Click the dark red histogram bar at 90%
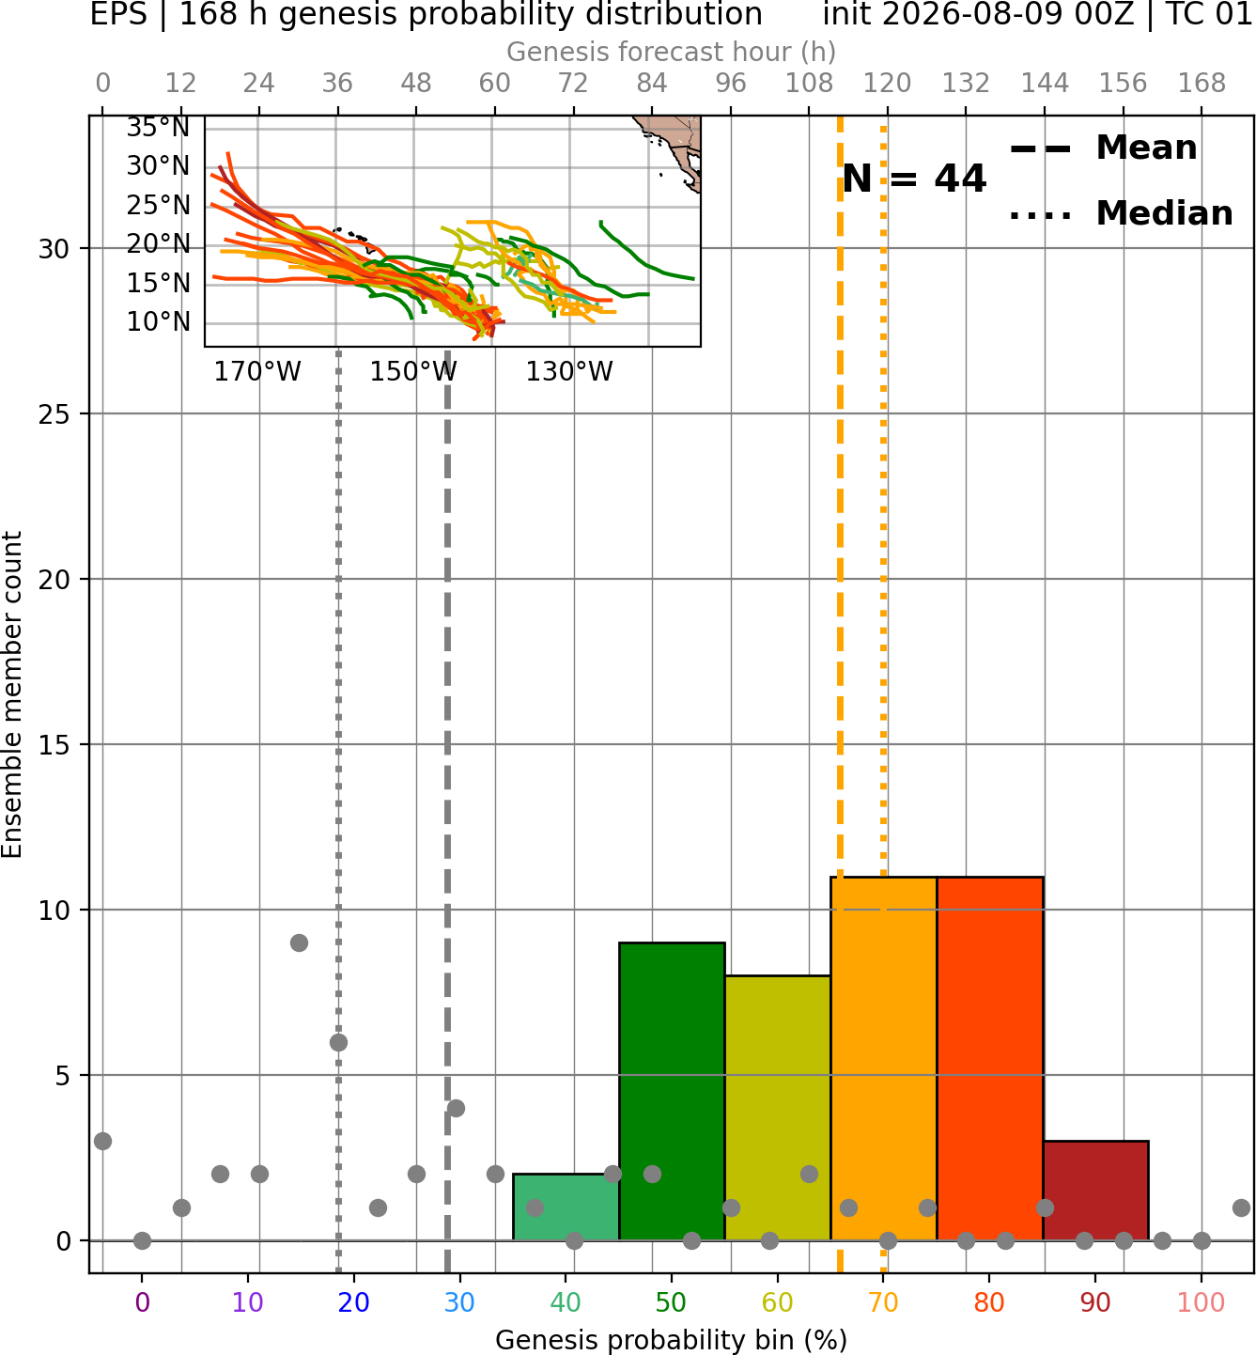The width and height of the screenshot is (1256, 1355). (x=1095, y=1191)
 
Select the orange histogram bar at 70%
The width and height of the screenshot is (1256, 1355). (x=883, y=1058)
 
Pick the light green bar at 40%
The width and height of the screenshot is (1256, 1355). (x=566, y=1207)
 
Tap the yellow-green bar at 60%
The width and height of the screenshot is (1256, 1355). (x=778, y=1108)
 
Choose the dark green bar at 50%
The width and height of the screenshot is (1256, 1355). (x=672, y=1092)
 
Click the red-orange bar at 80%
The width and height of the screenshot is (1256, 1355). (x=990, y=1058)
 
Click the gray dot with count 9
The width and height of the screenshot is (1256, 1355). (x=299, y=942)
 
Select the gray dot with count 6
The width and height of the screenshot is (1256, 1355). (x=338, y=1042)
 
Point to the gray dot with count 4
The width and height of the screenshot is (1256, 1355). (x=456, y=1109)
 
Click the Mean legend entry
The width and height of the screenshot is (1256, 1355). (x=1103, y=148)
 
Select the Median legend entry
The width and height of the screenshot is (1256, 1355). (x=1121, y=213)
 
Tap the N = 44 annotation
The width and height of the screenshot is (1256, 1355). (x=914, y=179)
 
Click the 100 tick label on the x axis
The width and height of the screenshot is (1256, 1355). (x=1202, y=1302)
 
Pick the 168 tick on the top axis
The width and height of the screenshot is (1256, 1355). (x=1202, y=84)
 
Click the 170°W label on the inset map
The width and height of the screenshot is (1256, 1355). (x=257, y=372)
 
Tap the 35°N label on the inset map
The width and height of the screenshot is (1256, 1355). (x=158, y=128)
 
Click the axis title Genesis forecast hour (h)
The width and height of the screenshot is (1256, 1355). (x=672, y=52)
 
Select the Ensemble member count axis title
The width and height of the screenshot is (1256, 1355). (x=11, y=694)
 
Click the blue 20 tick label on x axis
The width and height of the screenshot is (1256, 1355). (x=354, y=1302)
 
